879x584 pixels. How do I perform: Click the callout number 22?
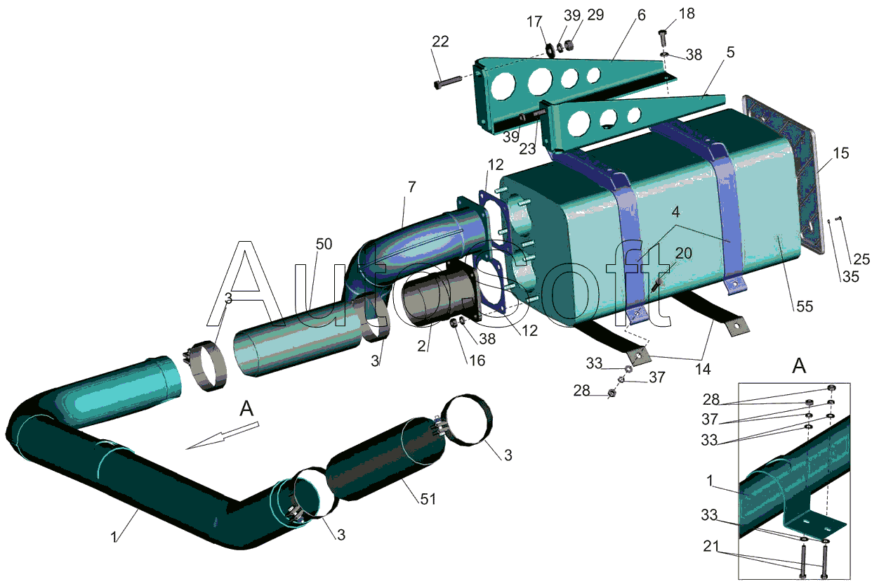[x=440, y=41]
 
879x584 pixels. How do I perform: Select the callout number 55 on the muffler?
[x=805, y=306]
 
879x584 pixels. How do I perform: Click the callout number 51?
[x=428, y=499]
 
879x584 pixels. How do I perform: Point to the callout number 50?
[x=324, y=245]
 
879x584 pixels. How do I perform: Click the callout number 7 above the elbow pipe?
[x=411, y=187]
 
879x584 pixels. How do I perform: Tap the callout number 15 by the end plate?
[x=840, y=153]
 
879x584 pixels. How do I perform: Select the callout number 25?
[x=861, y=259]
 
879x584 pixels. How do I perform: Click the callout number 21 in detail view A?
[x=711, y=546]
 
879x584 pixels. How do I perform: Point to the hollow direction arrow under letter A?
[x=222, y=435]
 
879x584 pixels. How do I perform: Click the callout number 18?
[x=687, y=14]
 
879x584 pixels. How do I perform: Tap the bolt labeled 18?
[x=662, y=38]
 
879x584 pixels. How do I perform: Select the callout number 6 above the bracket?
[x=642, y=15]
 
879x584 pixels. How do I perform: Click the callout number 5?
[x=730, y=52]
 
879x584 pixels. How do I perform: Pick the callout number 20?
[x=684, y=253]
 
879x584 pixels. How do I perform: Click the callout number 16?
[x=477, y=361]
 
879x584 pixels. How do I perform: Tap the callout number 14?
[x=703, y=369]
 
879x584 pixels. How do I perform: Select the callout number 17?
[x=534, y=22]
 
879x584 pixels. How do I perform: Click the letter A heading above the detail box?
[x=800, y=366]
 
